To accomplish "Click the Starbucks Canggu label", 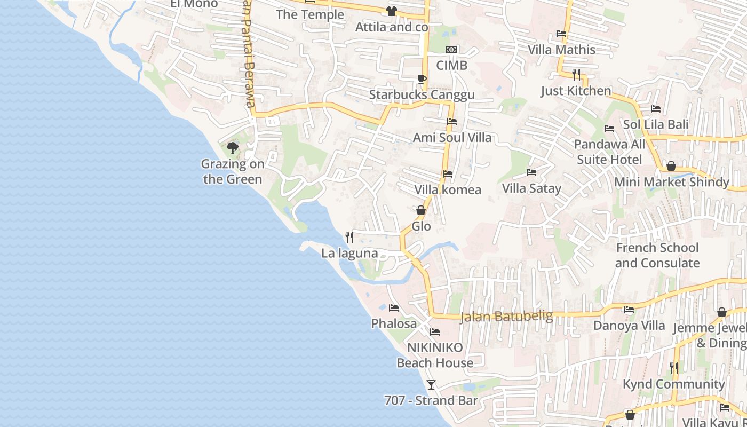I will pyautogui.click(x=422, y=95).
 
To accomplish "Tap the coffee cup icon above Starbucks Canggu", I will pyautogui.click(x=422, y=80).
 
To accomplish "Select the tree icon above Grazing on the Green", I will pyautogui.click(x=232, y=148).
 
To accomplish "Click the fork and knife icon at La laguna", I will pyautogui.click(x=349, y=237).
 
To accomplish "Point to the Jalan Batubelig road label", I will pyautogui.click(x=506, y=316).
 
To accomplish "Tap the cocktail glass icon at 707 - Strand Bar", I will pyautogui.click(x=431, y=384).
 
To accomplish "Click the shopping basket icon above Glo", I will pyautogui.click(x=421, y=210).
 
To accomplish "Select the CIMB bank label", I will pyautogui.click(x=451, y=65).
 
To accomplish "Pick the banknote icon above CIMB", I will pyautogui.click(x=451, y=50).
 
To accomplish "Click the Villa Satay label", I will pyautogui.click(x=531, y=188).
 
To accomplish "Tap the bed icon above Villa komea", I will pyautogui.click(x=448, y=174).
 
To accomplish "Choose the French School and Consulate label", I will pyautogui.click(x=657, y=255).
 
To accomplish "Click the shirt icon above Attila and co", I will pyautogui.click(x=392, y=11).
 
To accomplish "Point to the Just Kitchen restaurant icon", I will pyautogui.click(x=576, y=74).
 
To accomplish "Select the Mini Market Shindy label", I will pyautogui.click(x=671, y=182).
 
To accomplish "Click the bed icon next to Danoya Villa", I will pyautogui.click(x=629, y=310).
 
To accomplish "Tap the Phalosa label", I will pyautogui.click(x=394, y=323).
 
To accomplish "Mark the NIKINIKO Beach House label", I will pyautogui.click(x=435, y=355).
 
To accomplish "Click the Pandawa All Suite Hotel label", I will pyautogui.click(x=609, y=152).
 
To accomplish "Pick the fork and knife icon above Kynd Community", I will pyautogui.click(x=674, y=368).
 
